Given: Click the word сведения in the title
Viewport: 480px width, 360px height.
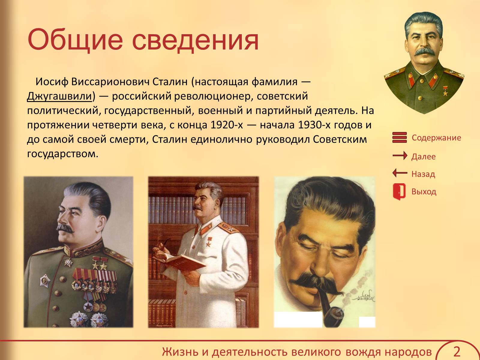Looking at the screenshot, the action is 196,41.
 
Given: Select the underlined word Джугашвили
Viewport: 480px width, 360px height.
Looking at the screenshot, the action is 59,97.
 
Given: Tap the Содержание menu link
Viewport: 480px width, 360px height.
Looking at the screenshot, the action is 436,138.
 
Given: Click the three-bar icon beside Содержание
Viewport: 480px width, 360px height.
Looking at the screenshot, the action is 400,137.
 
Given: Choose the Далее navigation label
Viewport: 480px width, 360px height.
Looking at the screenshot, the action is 423,157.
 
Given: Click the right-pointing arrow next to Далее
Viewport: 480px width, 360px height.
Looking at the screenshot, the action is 400,156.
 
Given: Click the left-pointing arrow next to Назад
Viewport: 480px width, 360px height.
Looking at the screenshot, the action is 400,173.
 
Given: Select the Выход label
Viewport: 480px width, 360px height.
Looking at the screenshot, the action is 424,192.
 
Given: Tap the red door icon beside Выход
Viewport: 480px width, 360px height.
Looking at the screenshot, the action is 399,192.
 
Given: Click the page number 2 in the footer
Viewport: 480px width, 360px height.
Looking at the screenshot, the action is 457,352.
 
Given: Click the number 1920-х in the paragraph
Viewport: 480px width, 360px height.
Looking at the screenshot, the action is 227,125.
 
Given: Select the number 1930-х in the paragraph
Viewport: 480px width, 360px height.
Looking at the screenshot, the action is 314,125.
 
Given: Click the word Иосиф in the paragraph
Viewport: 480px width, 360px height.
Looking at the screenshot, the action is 52,82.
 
